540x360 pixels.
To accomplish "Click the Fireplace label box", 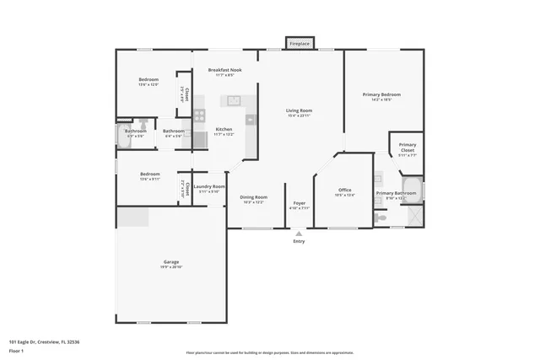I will pos(300,43).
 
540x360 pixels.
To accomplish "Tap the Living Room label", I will pos(299,110).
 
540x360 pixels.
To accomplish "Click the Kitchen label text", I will pos(224,129).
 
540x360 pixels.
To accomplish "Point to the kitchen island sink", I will pos(231,101).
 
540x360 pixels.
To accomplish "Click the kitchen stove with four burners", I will pos(200,116).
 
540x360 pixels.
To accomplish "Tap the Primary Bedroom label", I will pos(381,94).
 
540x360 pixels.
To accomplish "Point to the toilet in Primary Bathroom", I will pos(381,218).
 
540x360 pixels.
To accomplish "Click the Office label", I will pos(344,190).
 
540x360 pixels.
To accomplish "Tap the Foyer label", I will pos(300,203).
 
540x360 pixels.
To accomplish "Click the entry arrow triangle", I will pos(299,234).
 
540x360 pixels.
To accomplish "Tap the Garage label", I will pos(171,262).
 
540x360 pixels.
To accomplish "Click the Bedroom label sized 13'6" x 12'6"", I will pos(148,79).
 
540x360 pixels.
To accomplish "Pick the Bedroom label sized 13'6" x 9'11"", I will pos(148,174).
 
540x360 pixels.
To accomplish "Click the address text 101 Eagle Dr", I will pos(44,341).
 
